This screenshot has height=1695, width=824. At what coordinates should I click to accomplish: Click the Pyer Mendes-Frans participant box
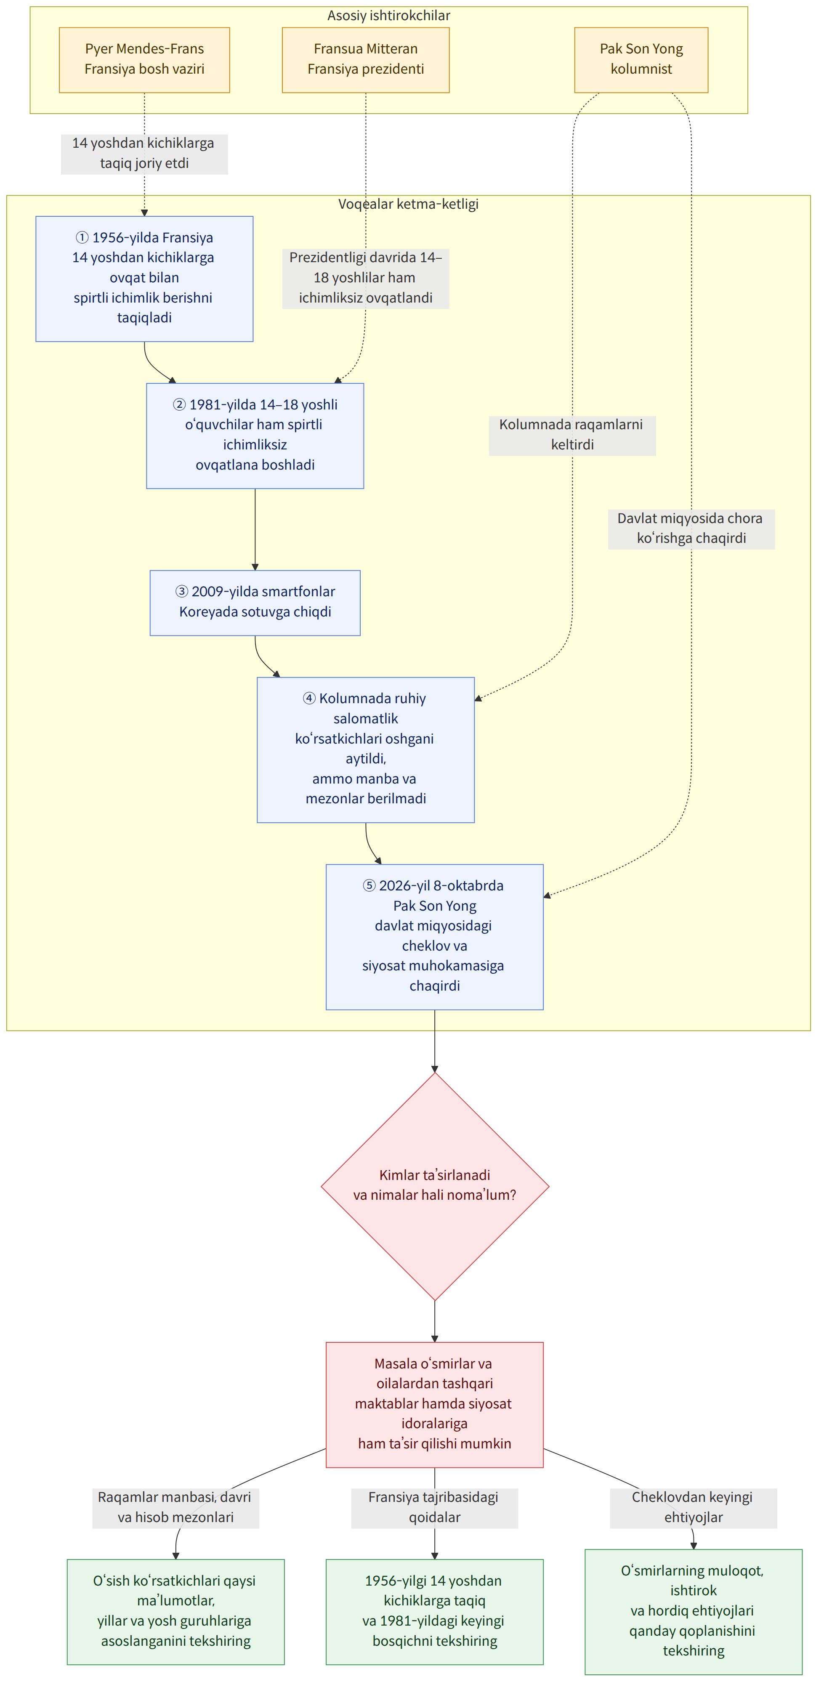[x=144, y=60]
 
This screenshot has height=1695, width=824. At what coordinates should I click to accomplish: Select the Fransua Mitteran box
[x=365, y=60]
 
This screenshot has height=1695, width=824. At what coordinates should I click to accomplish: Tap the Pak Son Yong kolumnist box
[x=641, y=60]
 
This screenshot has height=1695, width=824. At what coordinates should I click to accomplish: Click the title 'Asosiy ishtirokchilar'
[x=389, y=15]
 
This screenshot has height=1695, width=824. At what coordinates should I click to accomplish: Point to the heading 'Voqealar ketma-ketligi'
[x=408, y=204]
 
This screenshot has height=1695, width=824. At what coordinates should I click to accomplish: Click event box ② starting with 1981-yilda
[x=255, y=436]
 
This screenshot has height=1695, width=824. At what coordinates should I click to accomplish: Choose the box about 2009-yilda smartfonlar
[x=255, y=603]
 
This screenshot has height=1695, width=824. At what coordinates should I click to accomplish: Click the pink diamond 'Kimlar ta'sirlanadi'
[x=434, y=1186]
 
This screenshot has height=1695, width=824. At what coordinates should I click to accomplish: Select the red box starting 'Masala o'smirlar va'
[x=434, y=1405]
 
